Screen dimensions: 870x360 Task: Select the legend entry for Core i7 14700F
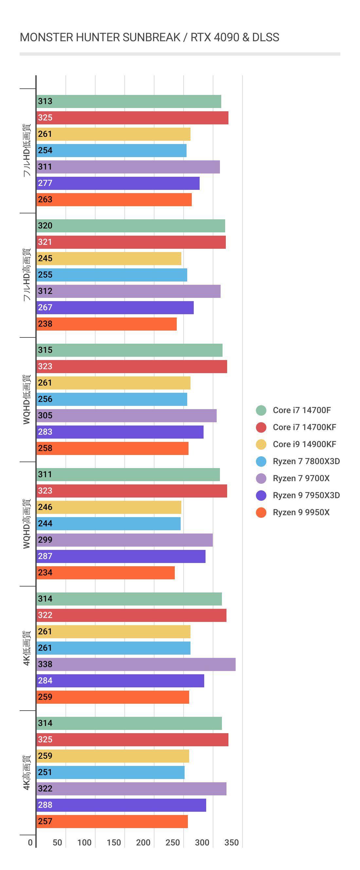coord(301,410)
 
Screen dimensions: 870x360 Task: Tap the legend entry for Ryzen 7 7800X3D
coord(306,461)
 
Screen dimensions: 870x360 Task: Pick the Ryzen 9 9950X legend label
coord(300,512)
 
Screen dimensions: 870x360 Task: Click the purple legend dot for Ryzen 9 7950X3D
coord(261,496)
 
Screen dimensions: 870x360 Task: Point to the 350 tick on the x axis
coord(231,843)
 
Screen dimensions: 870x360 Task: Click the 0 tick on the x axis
coord(30,843)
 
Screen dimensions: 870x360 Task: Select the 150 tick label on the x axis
coord(114,843)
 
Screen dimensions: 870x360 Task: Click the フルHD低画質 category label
coord(27,150)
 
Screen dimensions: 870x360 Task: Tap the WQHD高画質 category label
coord(27,523)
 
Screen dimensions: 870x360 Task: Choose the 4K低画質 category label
coord(27,648)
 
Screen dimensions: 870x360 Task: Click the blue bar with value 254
coord(112,151)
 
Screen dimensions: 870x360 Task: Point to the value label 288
coord(45,805)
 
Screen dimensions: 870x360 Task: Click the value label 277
coord(45,183)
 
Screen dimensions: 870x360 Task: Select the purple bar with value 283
coord(120,432)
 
